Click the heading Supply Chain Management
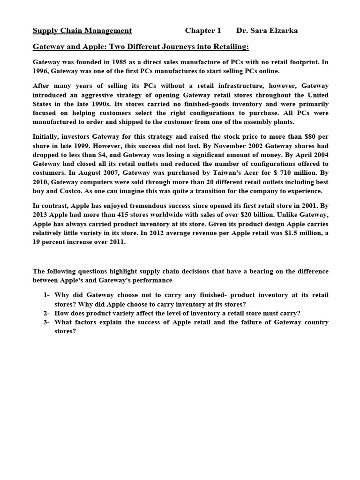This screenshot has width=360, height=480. coord(82,31)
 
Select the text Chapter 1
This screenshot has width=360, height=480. coord(202,31)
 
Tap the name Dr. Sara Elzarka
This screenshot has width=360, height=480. coord(267,31)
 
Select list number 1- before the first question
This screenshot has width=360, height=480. coord(46,295)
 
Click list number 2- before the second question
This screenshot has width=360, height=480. coord(46,313)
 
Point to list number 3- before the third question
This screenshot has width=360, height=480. coord(46,322)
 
